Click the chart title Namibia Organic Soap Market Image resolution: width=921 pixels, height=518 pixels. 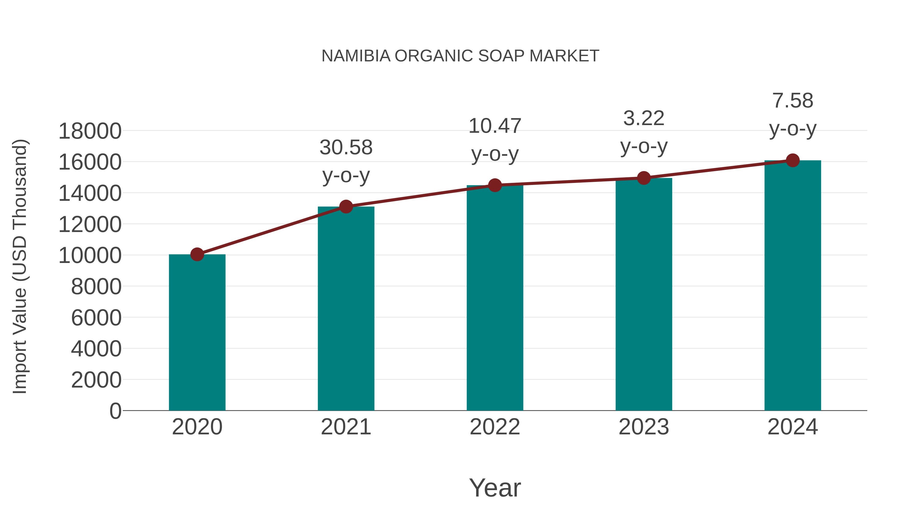click(460, 56)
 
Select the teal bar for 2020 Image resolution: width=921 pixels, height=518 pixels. click(197, 333)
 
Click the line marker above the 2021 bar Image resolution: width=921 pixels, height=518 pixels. click(346, 207)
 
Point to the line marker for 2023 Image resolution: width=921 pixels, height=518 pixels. click(644, 178)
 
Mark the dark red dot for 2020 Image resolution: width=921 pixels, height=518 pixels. click(197, 255)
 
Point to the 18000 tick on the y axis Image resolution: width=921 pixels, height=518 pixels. click(90, 131)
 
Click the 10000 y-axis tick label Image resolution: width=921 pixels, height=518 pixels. click(90, 256)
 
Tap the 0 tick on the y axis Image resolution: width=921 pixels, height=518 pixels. click(115, 411)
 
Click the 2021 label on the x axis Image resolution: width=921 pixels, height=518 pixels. click(346, 427)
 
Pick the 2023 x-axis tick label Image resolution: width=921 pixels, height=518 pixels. click(644, 427)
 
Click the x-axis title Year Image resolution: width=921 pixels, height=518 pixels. click(495, 488)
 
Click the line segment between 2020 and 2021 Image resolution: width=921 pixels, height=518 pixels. click(271, 230)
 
